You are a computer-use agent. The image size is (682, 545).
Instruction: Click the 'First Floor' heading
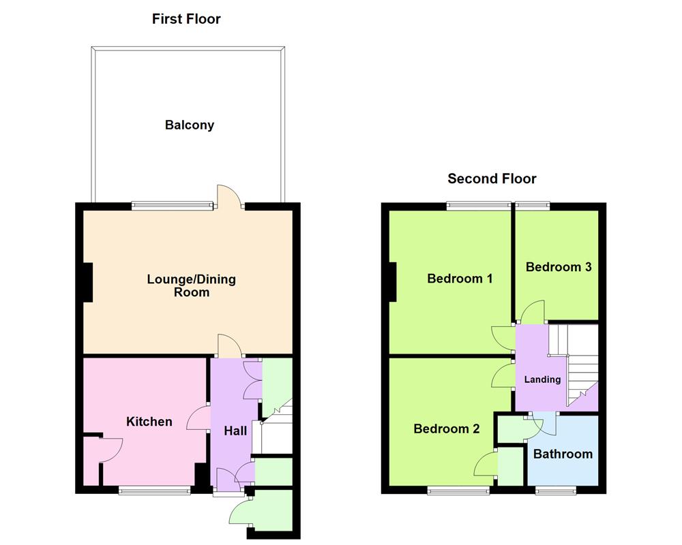point(186,19)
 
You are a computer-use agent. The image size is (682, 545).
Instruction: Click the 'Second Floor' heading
point(492,179)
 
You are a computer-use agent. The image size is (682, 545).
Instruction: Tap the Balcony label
point(189,125)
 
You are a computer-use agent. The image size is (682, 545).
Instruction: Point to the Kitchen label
point(149,422)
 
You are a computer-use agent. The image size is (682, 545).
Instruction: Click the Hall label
point(235,431)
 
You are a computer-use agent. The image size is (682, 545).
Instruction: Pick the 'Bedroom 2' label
point(446,429)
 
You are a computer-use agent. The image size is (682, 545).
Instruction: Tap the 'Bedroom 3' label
point(558,267)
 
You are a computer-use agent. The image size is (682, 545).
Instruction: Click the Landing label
point(542,379)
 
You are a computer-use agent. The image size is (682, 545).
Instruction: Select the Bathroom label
point(563,454)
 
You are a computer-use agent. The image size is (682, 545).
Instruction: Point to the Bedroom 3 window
point(533,204)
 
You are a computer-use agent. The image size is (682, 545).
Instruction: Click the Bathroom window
point(554,489)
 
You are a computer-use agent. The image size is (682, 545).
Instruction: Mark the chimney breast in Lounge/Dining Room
point(87,282)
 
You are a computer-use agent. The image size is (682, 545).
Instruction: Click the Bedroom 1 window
point(478,204)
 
